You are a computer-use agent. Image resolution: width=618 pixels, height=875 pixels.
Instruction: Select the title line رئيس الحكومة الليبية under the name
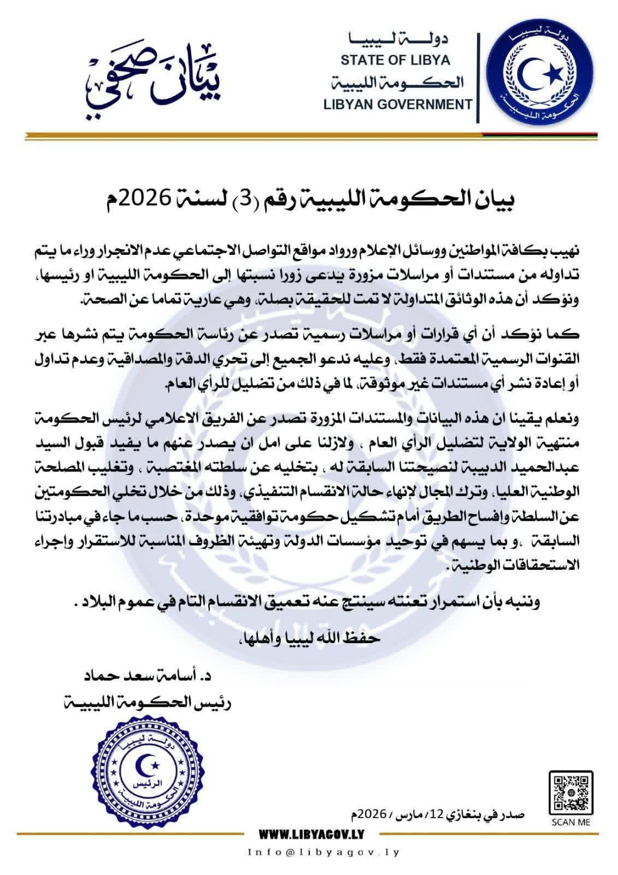click(x=148, y=701)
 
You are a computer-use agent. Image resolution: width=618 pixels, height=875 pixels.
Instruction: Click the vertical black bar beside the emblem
click(x=479, y=78)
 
